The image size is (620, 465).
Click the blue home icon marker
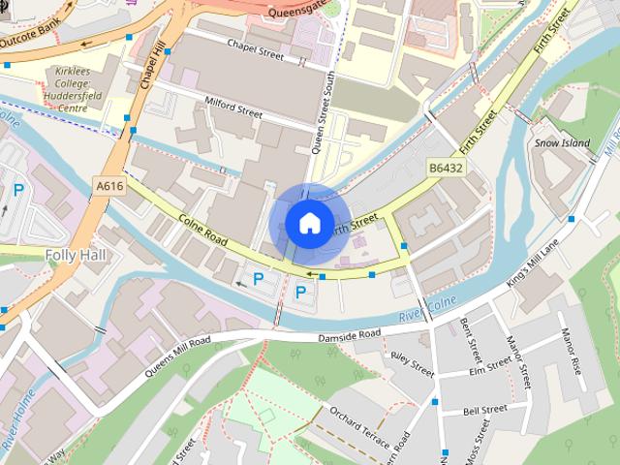point(309,223)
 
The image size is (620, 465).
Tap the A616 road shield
point(109,184)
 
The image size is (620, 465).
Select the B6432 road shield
point(446,169)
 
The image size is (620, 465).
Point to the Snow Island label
point(562,143)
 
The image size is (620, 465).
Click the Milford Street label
point(233,108)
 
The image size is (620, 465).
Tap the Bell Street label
point(484,411)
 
